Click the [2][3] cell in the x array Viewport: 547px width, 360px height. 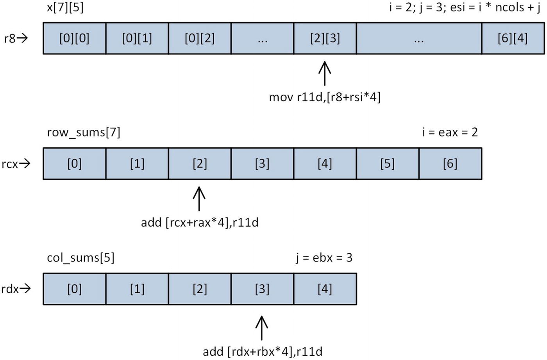point(325,38)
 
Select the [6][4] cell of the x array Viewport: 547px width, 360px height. point(513,38)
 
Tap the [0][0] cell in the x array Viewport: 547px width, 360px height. point(74,38)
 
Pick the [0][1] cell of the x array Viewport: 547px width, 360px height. point(137,38)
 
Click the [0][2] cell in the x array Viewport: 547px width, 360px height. point(200,38)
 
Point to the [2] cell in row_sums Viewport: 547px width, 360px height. point(200,164)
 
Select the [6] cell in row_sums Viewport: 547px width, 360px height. point(450,164)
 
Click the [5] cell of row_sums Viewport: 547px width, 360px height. point(387,164)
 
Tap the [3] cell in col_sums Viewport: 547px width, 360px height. point(262,289)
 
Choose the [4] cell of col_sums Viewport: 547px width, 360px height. point(325,289)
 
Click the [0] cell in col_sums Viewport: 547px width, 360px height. point(74,289)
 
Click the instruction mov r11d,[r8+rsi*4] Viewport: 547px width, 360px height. point(325,97)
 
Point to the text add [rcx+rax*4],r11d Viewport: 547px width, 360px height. point(200,222)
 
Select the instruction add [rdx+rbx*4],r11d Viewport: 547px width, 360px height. point(262,351)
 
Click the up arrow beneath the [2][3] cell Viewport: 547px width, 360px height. point(325,73)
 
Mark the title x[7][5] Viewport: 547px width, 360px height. point(65,7)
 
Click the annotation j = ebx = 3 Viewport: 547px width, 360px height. point(324,258)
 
